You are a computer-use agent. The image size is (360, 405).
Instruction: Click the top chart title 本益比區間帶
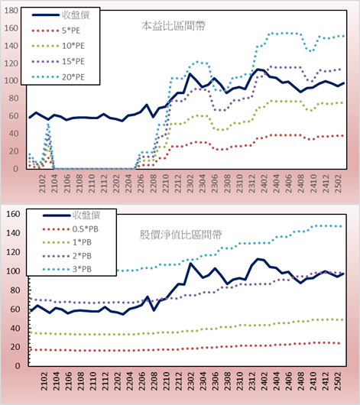(x=174, y=26)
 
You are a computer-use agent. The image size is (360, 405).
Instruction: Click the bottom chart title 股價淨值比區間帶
(x=180, y=235)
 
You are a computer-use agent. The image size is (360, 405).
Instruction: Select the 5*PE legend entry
(x=56, y=31)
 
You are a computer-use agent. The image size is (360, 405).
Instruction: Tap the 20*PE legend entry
(x=58, y=77)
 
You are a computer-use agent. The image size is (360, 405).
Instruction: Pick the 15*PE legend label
(x=73, y=61)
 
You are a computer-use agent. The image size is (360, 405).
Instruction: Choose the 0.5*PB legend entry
(x=70, y=229)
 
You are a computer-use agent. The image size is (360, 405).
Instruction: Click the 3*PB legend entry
(x=67, y=269)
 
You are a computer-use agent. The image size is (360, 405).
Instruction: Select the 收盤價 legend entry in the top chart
(x=60, y=15)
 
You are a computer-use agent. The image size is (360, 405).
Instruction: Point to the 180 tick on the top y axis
(x=11, y=11)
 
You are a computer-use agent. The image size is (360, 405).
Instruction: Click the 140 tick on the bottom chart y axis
(x=13, y=233)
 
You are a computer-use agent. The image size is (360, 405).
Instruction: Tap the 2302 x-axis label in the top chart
(x=190, y=183)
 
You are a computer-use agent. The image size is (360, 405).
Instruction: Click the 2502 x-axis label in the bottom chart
(x=338, y=381)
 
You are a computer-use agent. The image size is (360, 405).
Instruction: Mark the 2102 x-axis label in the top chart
(x=42, y=183)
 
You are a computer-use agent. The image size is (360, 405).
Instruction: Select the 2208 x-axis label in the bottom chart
(x=154, y=381)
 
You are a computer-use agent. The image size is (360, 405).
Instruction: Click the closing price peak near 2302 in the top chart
(x=190, y=74)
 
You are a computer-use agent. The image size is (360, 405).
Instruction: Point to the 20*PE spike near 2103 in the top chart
(x=48, y=125)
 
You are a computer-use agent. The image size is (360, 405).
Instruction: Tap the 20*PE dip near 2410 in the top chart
(x=310, y=50)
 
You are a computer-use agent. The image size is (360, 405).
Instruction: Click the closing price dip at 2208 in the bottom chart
(x=154, y=310)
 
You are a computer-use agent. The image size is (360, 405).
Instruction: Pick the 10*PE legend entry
(x=58, y=46)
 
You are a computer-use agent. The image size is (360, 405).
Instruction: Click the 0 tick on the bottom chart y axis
(x=18, y=366)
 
